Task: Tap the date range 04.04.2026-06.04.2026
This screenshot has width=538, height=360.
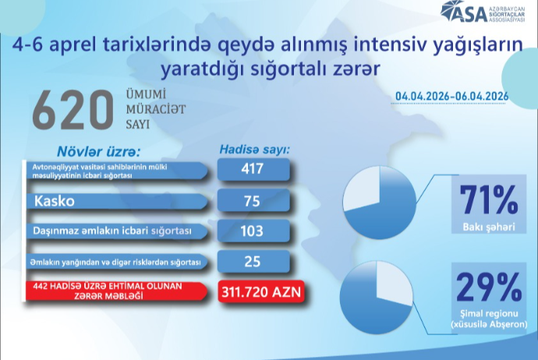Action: click(x=452, y=96)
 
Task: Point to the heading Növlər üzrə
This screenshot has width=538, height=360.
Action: click(x=98, y=149)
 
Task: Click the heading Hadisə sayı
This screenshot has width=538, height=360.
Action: click(x=254, y=149)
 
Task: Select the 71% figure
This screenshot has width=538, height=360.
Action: click(x=489, y=200)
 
